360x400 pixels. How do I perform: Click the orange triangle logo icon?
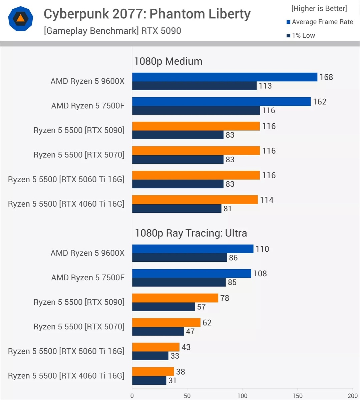(20, 19)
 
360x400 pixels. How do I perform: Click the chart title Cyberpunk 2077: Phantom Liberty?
(147, 14)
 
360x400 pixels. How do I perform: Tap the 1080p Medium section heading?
(168, 61)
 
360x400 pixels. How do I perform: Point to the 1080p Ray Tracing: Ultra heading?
(191, 233)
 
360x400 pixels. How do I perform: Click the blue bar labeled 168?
(225, 77)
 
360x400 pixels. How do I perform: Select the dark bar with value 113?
(194, 86)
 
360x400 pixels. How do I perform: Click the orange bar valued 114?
(195, 200)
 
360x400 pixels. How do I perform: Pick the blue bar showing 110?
(193, 249)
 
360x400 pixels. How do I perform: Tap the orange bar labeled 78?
(175, 298)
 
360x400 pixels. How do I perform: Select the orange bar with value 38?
(153, 372)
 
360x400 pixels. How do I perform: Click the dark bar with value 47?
(158, 331)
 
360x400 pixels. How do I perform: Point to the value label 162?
(320, 102)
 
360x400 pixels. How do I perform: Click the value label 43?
(186, 347)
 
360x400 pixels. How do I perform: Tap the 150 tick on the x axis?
(297, 396)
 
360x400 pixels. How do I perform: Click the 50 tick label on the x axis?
(187, 396)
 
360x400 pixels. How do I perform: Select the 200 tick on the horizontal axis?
(352, 396)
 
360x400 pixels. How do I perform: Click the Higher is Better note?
(319, 8)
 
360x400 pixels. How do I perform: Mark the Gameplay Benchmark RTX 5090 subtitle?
(112, 31)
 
